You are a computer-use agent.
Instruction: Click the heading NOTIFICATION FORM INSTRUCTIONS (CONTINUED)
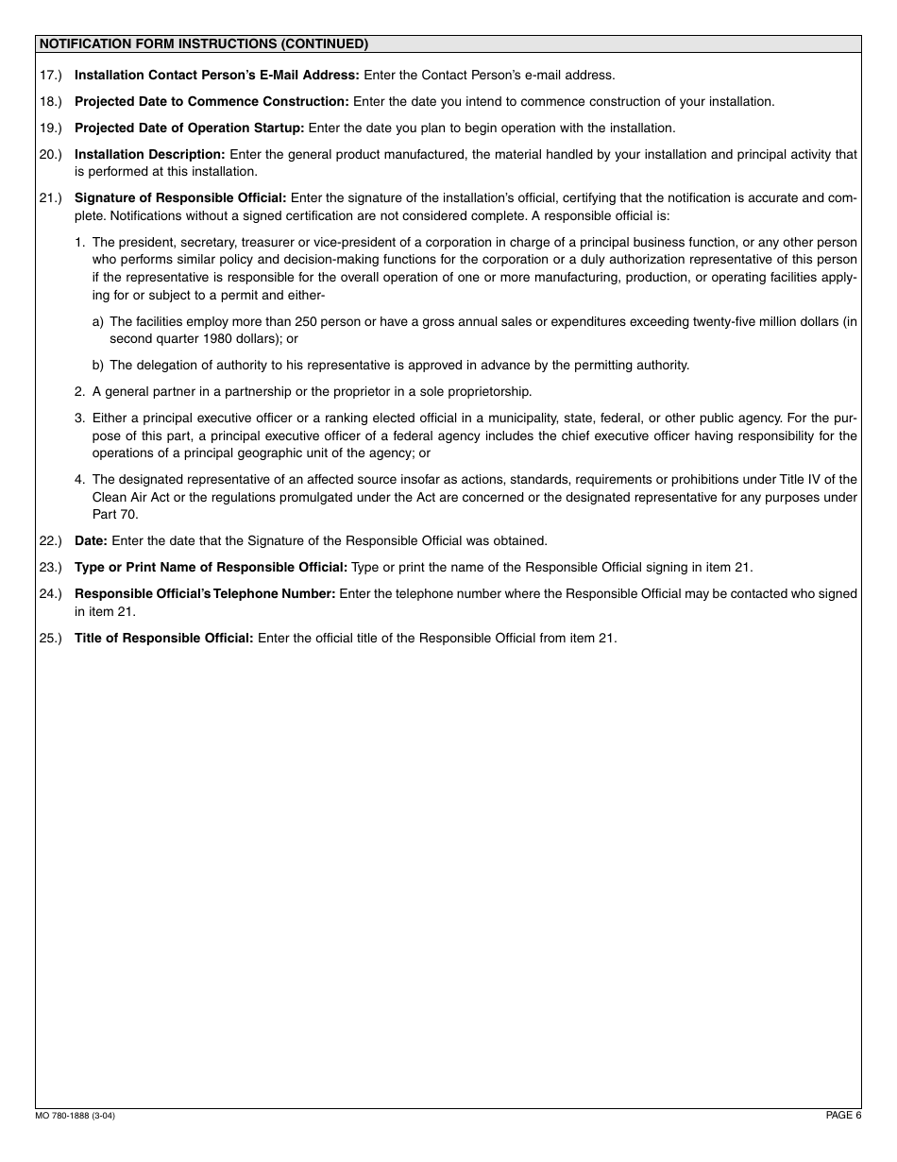(203, 43)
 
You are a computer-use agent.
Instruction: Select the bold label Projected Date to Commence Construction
(212, 101)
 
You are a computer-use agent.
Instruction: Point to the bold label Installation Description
(149, 154)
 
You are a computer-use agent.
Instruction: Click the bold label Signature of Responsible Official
(180, 197)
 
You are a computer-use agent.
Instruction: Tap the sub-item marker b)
(98, 365)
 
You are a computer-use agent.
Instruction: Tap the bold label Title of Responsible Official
(164, 638)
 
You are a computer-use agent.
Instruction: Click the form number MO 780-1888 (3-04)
(76, 1116)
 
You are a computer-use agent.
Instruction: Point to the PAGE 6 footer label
(843, 1115)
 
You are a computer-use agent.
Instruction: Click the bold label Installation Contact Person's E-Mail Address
(216, 75)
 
